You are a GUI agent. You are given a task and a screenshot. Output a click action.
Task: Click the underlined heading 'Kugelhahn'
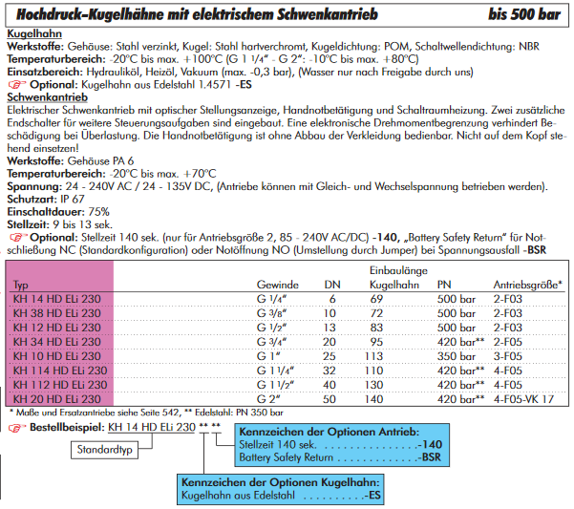[35, 33]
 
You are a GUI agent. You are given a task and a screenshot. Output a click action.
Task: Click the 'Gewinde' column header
[278, 285]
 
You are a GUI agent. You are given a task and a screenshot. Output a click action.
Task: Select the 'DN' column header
[332, 285]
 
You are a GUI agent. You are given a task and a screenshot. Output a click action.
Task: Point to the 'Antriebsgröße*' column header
[526, 285]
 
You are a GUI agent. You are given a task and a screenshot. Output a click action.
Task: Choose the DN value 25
[332, 355]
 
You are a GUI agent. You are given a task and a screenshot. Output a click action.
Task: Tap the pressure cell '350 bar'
[457, 355]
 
